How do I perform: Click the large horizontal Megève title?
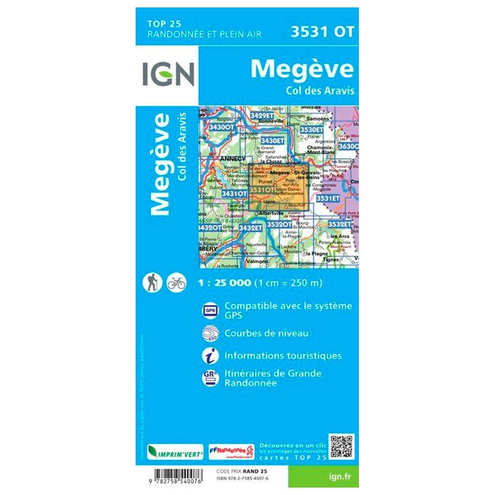302,69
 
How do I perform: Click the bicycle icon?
176,283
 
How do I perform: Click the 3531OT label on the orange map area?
261,190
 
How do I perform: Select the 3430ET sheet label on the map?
273,141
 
